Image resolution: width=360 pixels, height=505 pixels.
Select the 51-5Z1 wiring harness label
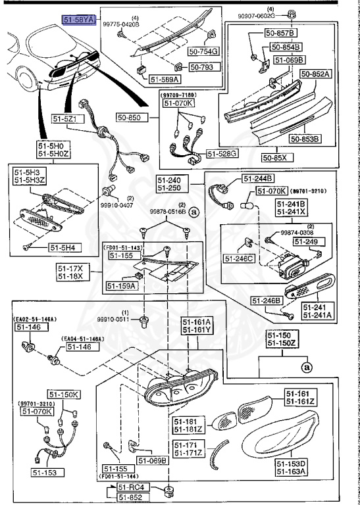65,119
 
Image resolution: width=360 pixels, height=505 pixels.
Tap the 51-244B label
259,178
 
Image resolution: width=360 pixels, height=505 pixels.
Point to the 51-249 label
307,243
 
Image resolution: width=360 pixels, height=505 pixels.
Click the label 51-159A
120,286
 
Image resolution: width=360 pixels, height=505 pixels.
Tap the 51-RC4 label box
130,487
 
